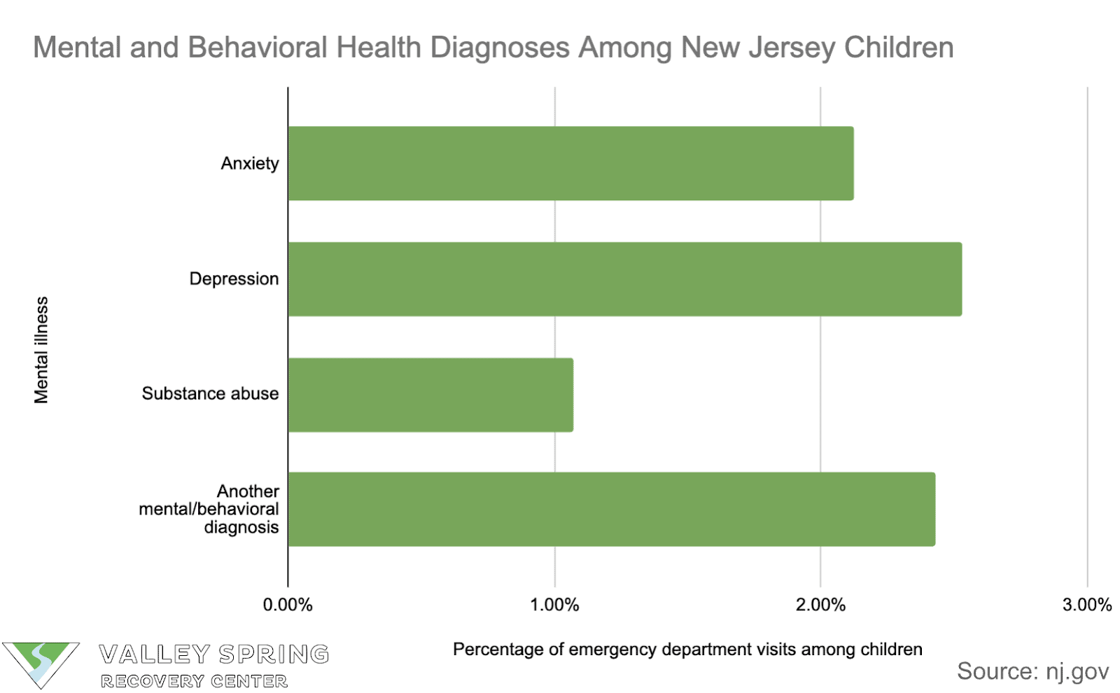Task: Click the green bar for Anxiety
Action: click(x=570, y=163)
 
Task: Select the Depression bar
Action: click(x=624, y=279)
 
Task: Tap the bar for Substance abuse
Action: click(x=430, y=395)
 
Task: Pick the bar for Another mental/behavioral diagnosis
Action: click(x=611, y=509)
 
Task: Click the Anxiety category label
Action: click(x=250, y=164)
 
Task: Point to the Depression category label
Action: click(x=234, y=279)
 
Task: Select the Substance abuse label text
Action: click(x=210, y=394)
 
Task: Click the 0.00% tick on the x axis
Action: click(x=288, y=605)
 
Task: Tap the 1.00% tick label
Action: click(x=554, y=605)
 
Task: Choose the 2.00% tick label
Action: click(x=820, y=605)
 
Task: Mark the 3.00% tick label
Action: click(x=1086, y=605)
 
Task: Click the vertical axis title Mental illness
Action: click(x=42, y=350)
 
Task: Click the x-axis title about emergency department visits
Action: click(x=687, y=650)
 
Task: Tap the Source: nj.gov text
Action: click(x=1032, y=671)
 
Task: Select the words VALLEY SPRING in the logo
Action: click(x=214, y=654)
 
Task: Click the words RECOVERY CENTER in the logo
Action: click(x=194, y=681)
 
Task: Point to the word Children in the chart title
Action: click(x=899, y=48)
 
